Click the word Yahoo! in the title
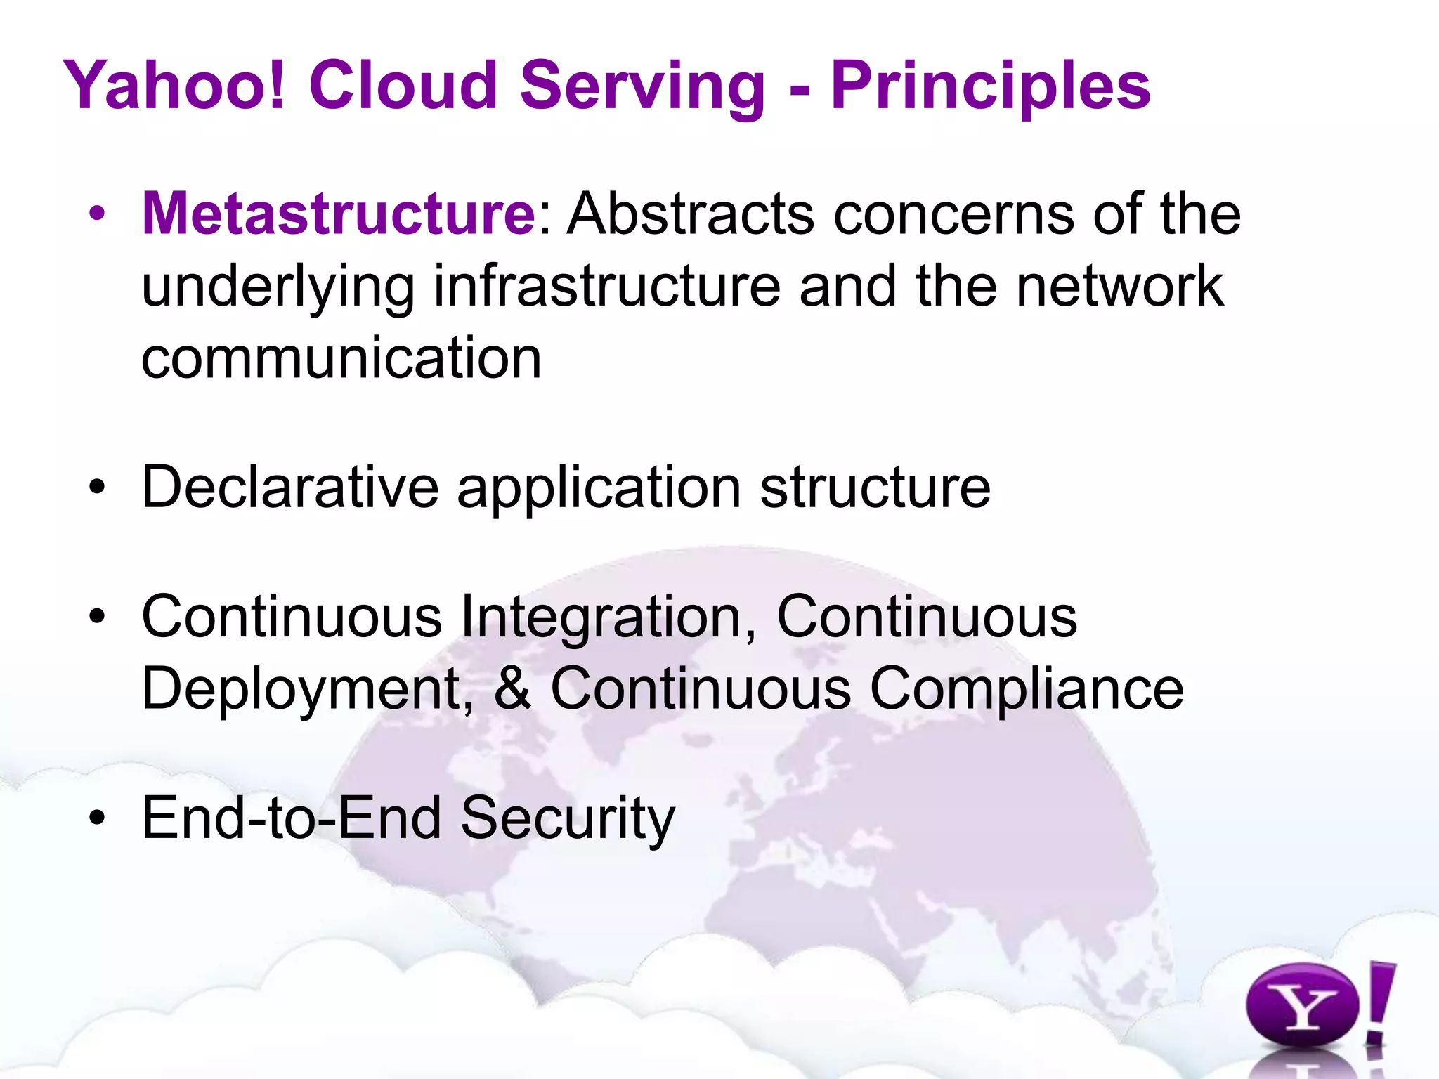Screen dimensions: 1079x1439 point(176,86)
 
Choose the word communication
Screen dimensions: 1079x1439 point(341,358)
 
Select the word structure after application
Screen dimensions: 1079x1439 point(875,487)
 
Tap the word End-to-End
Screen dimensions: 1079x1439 point(292,818)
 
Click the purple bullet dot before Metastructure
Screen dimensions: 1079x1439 point(98,214)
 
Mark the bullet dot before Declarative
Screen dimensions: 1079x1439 point(98,487)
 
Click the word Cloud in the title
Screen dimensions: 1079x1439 point(403,86)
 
